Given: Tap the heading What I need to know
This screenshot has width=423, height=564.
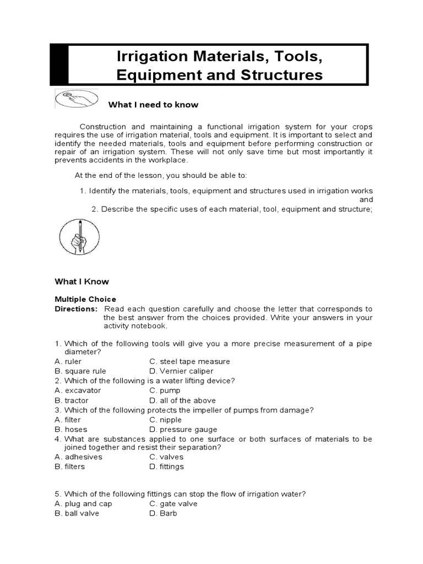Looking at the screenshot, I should [x=153, y=105].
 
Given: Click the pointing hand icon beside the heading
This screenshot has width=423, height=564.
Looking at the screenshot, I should [x=77, y=99].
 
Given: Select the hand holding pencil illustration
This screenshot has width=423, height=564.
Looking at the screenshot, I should [x=79, y=236].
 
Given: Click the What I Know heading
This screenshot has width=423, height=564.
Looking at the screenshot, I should [x=82, y=281].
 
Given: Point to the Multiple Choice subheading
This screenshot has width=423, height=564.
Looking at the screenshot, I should [x=85, y=299].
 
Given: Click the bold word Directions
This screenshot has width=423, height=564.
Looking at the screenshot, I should [x=75, y=309].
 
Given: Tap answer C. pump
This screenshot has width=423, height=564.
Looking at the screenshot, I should [x=165, y=391].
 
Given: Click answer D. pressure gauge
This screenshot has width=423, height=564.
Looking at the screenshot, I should [x=183, y=429].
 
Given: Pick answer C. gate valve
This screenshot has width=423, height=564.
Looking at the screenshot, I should [x=173, y=503].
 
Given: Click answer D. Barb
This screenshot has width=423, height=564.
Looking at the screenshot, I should [x=163, y=513].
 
